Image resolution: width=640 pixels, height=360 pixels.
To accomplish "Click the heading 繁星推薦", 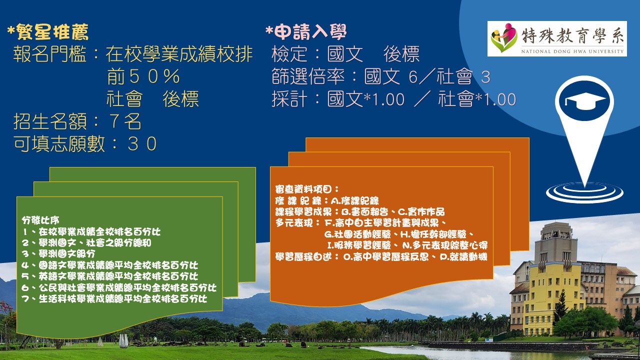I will click(x=48, y=32).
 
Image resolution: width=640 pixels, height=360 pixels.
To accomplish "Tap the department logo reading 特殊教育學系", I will click(x=556, y=38).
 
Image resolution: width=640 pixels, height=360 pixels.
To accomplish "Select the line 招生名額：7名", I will click(x=77, y=121).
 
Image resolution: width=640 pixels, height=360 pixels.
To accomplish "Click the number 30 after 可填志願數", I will click(x=142, y=144).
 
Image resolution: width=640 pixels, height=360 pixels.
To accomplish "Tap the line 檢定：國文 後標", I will click(x=345, y=54).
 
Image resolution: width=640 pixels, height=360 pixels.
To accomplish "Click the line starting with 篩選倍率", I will click(x=380, y=77).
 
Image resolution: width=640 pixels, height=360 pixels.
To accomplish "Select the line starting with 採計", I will click(x=393, y=99).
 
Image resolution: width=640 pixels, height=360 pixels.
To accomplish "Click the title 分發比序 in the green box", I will click(x=40, y=220).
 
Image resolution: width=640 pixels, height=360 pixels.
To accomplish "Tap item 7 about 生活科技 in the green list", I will click(x=114, y=299).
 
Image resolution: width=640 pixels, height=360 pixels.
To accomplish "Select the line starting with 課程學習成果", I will click(x=360, y=211).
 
